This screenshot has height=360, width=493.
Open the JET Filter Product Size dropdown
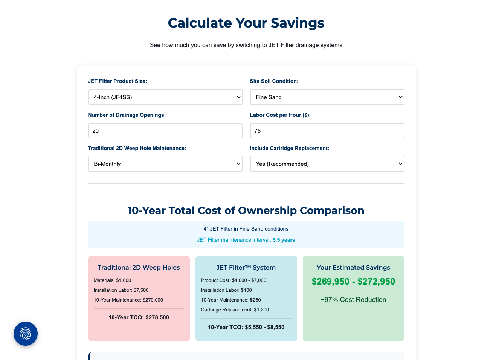click(165, 97)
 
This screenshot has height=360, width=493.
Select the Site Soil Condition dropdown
click(327, 97)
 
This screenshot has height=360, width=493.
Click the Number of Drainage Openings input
click(165, 131)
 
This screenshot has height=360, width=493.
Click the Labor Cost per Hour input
click(327, 131)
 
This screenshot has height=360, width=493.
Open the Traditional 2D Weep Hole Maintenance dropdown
click(165, 164)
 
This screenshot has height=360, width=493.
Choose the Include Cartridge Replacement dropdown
click(327, 164)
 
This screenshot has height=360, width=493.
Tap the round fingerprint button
click(26, 334)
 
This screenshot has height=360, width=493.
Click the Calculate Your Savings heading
click(246, 23)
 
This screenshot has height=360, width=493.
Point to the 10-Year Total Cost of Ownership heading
click(246, 210)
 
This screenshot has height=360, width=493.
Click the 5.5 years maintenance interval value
click(284, 240)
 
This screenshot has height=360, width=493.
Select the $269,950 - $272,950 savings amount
click(353, 282)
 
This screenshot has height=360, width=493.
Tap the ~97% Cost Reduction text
click(353, 300)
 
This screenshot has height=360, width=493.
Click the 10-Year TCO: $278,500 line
click(139, 317)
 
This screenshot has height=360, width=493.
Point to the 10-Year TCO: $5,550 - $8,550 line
click(246, 327)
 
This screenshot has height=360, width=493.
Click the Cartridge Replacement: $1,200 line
click(235, 310)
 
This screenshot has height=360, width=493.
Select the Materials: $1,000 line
click(112, 280)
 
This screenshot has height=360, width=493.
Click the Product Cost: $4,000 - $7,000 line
click(234, 280)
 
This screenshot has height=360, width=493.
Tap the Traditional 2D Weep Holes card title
click(139, 267)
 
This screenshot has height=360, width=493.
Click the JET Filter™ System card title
click(246, 267)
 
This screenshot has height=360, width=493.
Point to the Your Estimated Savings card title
click(353, 267)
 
